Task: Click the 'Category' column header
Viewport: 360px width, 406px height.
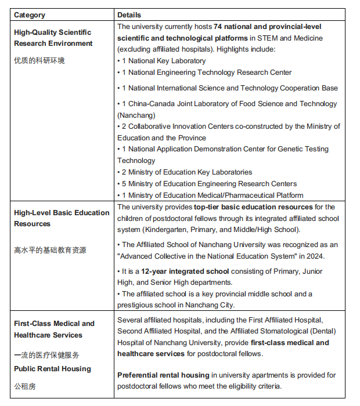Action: click(x=30, y=14)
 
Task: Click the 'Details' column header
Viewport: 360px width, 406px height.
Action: click(x=129, y=14)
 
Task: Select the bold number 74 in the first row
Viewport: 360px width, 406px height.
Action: click(x=218, y=27)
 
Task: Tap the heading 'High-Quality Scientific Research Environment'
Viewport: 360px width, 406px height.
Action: click(x=53, y=38)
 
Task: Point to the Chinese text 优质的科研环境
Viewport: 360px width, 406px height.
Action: click(x=39, y=61)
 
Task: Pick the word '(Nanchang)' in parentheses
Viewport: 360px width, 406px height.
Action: click(x=136, y=115)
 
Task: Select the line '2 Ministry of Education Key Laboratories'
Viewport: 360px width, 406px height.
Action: click(x=186, y=172)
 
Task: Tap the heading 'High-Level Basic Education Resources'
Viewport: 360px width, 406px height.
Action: click(x=61, y=218)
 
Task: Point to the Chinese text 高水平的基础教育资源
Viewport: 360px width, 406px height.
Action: click(x=50, y=251)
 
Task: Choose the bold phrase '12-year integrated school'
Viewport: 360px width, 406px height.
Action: click(x=186, y=271)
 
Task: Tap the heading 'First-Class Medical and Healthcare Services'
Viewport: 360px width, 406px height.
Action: click(x=54, y=329)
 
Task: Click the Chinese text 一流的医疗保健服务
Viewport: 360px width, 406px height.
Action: click(x=46, y=355)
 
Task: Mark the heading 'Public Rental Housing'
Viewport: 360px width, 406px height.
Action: click(x=52, y=369)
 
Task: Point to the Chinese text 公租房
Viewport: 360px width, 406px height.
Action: click(x=24, y=386)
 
